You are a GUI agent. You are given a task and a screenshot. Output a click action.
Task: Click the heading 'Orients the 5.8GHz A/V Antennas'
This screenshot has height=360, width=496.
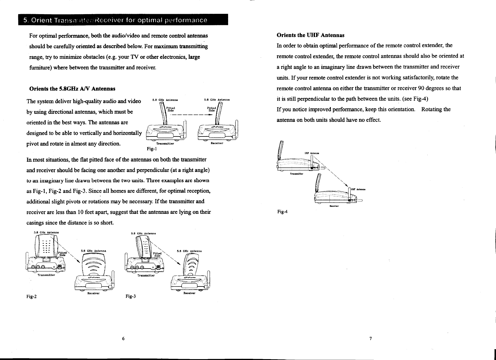click(x=72, y=89)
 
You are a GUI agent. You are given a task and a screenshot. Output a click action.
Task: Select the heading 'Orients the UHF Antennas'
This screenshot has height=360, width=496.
click(x=311, y=35)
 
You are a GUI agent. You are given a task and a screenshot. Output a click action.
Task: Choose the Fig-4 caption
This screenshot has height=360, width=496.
click(x=283, y=211)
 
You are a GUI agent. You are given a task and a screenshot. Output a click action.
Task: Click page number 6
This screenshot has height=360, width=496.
click(x=124, y=339)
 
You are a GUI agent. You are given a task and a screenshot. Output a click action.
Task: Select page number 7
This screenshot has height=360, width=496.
click(x=371, y=339)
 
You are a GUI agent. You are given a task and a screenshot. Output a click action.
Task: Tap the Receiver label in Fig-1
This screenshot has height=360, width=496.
click(x=217, y=143)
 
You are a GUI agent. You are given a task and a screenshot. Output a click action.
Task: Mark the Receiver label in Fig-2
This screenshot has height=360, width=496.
click(x=93, y=293)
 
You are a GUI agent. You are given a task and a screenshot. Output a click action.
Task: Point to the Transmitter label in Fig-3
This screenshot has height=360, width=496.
click(x=146, y=276)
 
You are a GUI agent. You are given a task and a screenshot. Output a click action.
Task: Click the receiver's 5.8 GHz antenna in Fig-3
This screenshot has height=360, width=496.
click(x=191, y=266)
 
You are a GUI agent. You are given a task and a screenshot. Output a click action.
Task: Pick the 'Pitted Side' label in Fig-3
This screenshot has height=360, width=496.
click(x=158, y=254)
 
